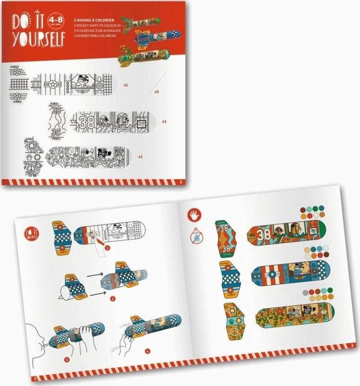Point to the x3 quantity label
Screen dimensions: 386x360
(x=156, y=92)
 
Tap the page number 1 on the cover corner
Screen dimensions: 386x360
(x=182, y=182)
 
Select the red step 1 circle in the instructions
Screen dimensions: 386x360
(x=107, y=248)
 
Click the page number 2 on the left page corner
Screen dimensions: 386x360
(x=34, y=379)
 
